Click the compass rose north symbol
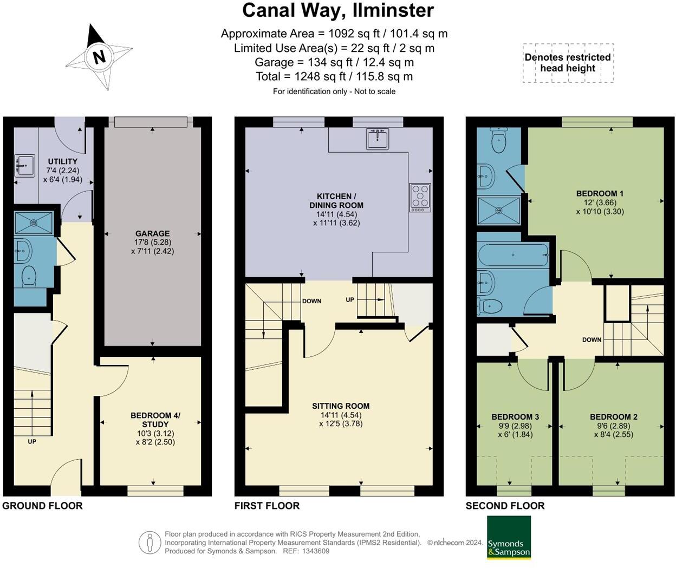99,56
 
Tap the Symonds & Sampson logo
509,537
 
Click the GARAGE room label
152,234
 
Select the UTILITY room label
62,161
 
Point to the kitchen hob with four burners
420,197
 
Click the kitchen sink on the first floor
378,139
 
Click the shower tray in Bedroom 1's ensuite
498,210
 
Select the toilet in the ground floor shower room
29,276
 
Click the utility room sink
23,165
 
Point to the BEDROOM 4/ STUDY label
155,420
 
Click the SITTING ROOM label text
341,406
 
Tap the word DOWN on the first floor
311,301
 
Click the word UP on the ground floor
32,441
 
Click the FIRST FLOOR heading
266,506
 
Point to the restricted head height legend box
568,63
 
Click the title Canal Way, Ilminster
337,10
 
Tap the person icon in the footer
149,542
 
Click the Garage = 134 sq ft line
334,62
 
